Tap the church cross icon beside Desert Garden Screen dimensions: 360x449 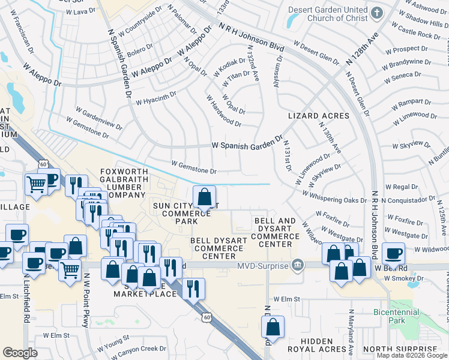coord(376,13)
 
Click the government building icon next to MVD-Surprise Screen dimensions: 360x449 coord(297,265)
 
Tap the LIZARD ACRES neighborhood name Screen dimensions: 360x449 coord(318,116)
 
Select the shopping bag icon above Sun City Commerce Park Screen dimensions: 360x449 coord(205,196)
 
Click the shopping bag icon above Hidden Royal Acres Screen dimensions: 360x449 coord(273,327)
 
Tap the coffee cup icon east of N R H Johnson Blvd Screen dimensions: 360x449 coord(393,253)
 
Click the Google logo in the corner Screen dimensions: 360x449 coord(20,353)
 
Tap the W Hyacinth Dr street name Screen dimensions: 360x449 coord(155,98)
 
